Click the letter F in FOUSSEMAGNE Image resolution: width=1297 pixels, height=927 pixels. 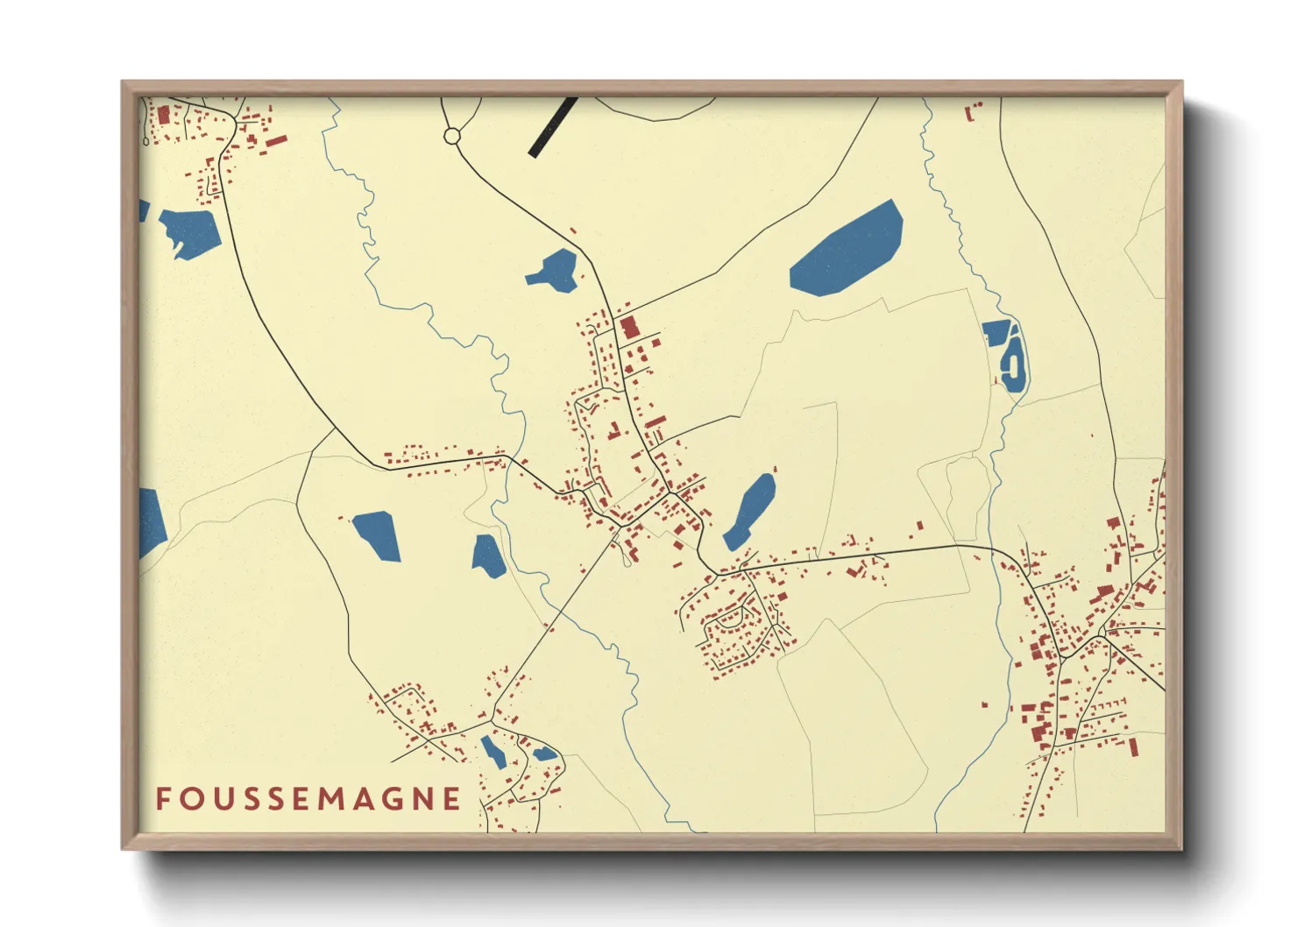[x=163, y=799]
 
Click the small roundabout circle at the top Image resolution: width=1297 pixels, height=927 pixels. [x=452, y=136]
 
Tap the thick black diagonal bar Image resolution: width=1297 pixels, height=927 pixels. [x=553, y=128]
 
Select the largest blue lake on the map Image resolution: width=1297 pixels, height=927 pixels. [x=847, y=249]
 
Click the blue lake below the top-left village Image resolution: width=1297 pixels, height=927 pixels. [x=190, y=233]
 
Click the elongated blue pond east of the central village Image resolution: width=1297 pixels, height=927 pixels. [x=751, y=512]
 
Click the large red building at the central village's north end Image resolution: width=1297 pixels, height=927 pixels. [x=628, y=329]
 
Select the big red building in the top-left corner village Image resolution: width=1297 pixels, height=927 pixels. [x=163, y=115]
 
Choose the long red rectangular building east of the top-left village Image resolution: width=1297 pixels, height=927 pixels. [x=276, y=140]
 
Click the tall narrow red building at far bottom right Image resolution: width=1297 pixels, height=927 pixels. [x=1133, y=747]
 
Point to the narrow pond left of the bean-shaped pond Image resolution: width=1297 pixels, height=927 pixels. [x=493, y=751]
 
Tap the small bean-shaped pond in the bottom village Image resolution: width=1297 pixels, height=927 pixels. [x=544, y=754]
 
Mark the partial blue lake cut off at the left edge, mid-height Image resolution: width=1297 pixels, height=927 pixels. [x=152, y=523]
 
